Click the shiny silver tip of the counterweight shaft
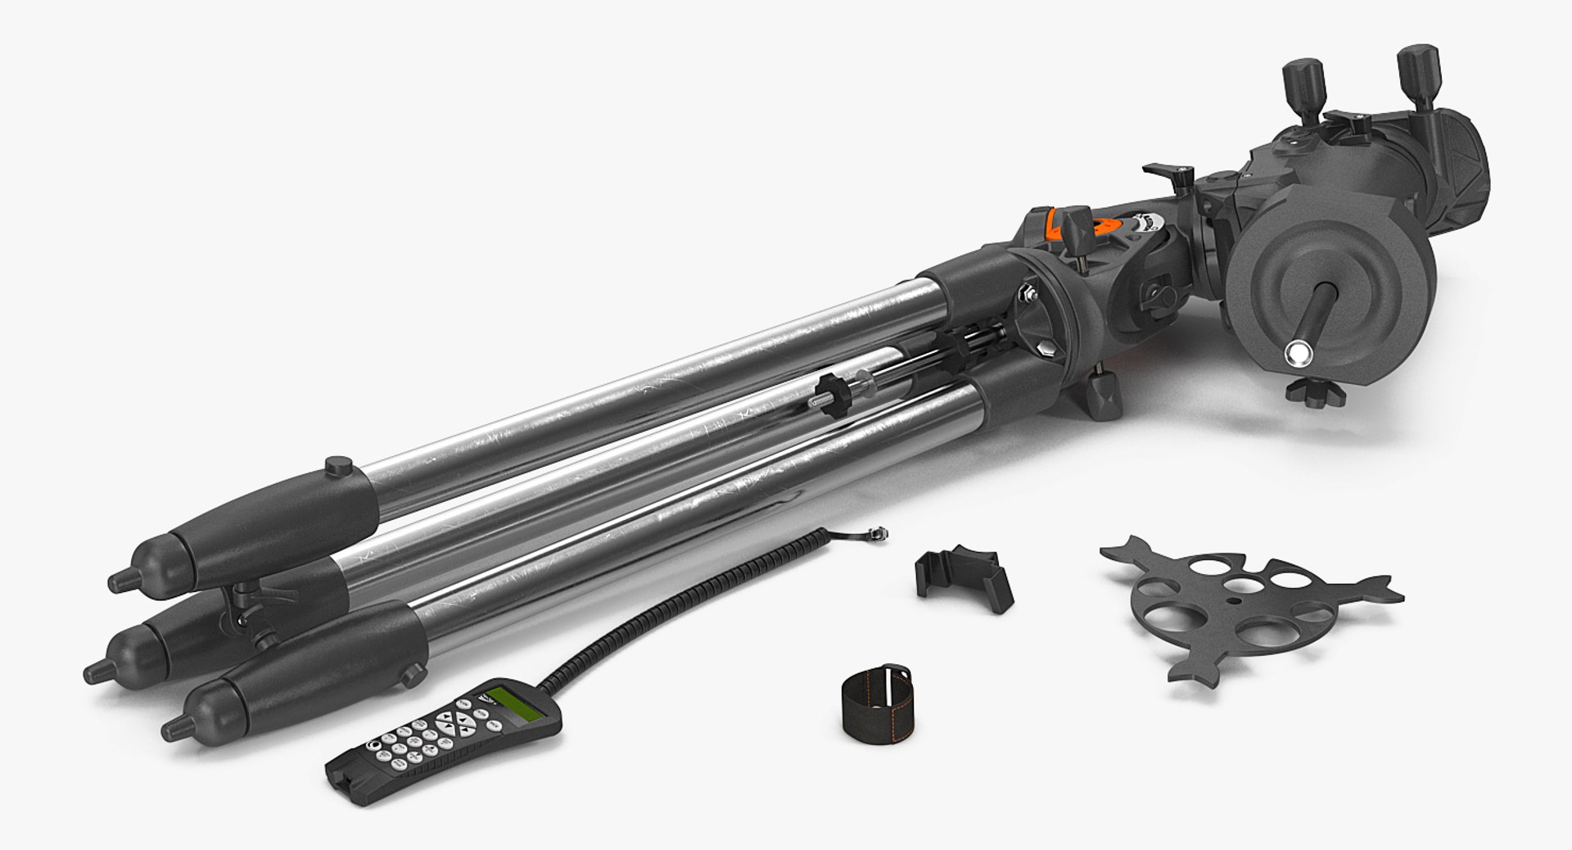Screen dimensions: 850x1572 [x=1299, y=353]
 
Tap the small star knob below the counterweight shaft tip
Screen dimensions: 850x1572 [x=1316, y=391]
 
